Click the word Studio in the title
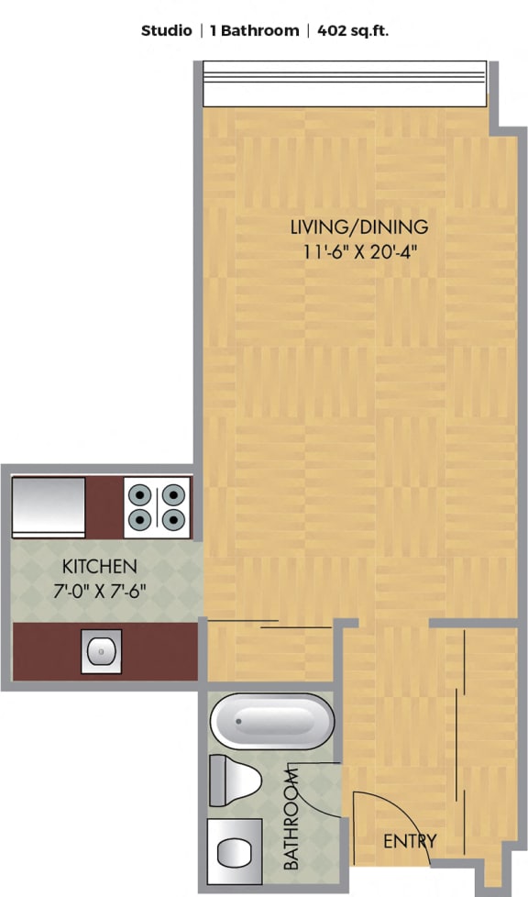click(167, 31)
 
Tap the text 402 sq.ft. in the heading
click(353, 31)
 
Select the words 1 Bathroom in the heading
click(254, 31)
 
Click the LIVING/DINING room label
click(359, 227)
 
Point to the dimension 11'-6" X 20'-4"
click(358, 251)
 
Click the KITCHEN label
click(100, 566)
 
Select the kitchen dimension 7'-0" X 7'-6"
click(100, 591)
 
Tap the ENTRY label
click(410, 841)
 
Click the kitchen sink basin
click(101, 651)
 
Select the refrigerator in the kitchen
click(49, 507)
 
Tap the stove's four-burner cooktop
click(157, 507)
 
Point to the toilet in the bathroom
click(235, 781)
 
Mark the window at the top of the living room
click(345, 84)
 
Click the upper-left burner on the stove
click(139, 493)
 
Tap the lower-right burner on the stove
click(174, 519)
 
